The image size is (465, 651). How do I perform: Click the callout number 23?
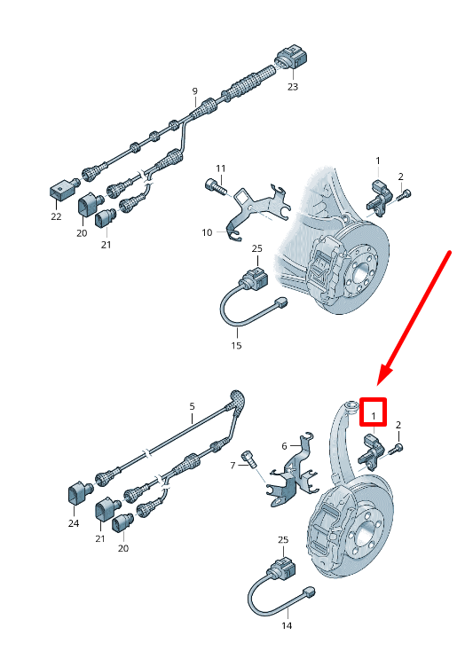point(293,87)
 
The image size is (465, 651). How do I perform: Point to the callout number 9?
point(194,91)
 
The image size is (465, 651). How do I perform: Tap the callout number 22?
point(56,216)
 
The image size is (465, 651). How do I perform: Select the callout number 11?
point(221,169)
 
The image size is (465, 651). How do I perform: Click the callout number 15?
point(236,345)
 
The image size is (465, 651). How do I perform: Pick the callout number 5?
point(192,406)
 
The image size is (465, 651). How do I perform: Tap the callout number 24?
point(74,523)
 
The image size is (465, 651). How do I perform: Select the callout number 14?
point(287,625)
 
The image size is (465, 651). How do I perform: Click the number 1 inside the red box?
point(374,416)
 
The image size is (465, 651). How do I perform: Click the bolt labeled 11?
point(216,186)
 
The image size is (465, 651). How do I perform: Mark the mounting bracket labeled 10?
point(256,208)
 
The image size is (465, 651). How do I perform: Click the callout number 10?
point(207,232)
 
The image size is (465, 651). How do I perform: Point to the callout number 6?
point(284,446)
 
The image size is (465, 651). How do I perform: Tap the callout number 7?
point(233,466)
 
